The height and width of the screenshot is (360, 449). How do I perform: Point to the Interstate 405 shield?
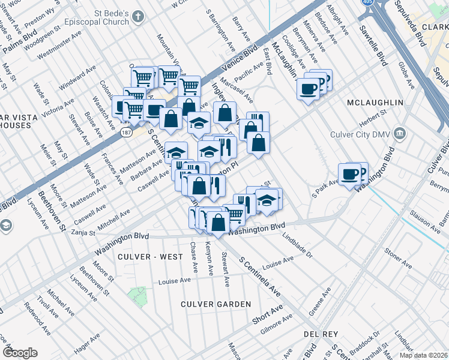[x=367, y=3]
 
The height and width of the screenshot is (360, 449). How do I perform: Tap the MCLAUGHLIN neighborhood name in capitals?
[x=375, y=103]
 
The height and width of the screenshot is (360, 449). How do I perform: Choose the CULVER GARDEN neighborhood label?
[x=216, y=304]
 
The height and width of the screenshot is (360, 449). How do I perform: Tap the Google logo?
[x=20, y=353]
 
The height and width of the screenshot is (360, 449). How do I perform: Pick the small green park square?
[x=137, y=295]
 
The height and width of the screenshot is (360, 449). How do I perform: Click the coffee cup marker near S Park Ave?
[x=350, y=175]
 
